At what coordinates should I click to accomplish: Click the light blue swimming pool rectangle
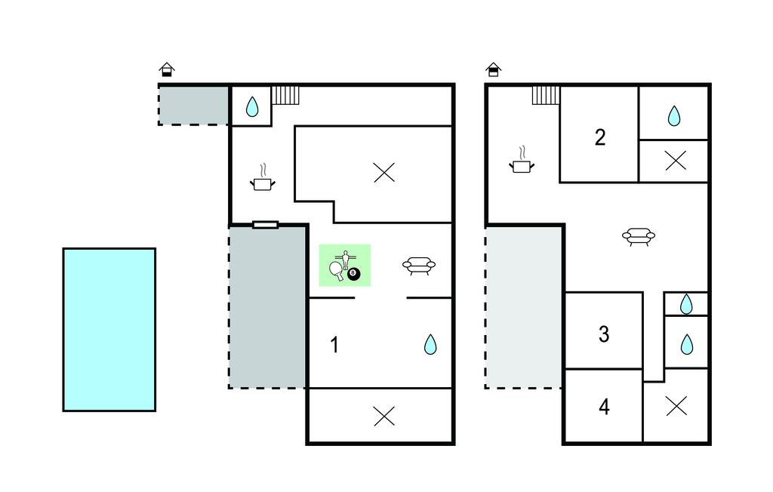click(x=109, y=329)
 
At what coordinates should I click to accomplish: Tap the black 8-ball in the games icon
click(x=353, y=274)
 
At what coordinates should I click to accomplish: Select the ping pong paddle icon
click(x=337, y=270)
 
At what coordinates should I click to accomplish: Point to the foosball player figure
click(x=346, y=260)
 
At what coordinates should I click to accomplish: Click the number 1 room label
click(x=334, y=345)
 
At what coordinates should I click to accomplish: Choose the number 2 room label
click(x=600, y=137)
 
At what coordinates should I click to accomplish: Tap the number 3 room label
click(x=604, y=334)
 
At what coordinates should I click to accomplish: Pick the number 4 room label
click(x=604, y=407)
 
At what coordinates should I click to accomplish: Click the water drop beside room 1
click(x=430, y=344)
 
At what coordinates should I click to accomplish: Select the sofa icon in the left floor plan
click(x=419, y=266)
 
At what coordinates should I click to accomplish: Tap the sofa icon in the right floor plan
click(x=639, y=237)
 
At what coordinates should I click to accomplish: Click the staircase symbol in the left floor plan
click(x=285, y=95)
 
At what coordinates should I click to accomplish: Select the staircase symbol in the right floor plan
click(x=546, y=95)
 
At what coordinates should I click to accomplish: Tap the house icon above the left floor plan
click(x=167, y=69)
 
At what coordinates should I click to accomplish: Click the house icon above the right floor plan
click(x=494, y=69)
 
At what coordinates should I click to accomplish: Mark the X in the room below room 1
click(x=384, y=416)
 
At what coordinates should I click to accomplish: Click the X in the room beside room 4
click(x=676, y=406)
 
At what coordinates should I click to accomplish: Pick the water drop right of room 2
click(x=674, y=116)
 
